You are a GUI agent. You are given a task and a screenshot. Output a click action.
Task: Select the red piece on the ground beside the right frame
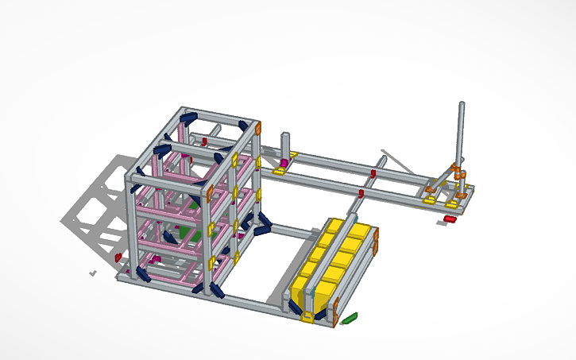pyautogui.click(x=450, y=219)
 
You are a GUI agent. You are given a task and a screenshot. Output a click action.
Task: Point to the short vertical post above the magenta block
pyautogui.click(x=284, y=146)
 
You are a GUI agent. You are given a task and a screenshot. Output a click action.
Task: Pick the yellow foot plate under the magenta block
pyautogui.click(x=280, y=171)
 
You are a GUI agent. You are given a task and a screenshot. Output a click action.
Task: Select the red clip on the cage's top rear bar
pyautogui.click(x=204, y=141)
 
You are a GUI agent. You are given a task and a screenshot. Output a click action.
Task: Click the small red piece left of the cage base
pyautogui.click(x=118, y=257)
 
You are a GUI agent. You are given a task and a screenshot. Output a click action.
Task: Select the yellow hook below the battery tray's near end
pyautogui.click(x=307, y=317)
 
